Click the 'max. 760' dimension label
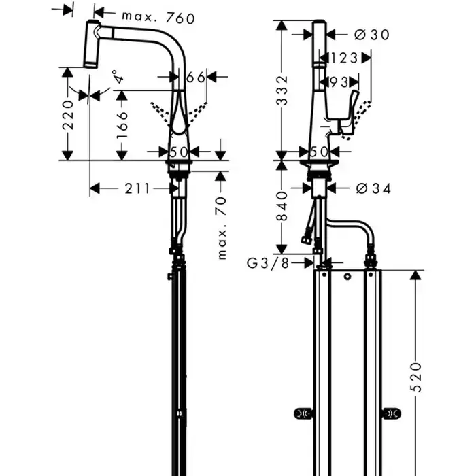pos(158,18)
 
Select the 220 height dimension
pos(68,115)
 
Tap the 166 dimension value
pos(122,124)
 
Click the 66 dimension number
pos(196,78)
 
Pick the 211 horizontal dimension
pos(137,189)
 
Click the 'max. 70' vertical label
pos(222,228)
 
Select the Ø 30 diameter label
pos(371,35)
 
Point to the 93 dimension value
pos(339,82)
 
